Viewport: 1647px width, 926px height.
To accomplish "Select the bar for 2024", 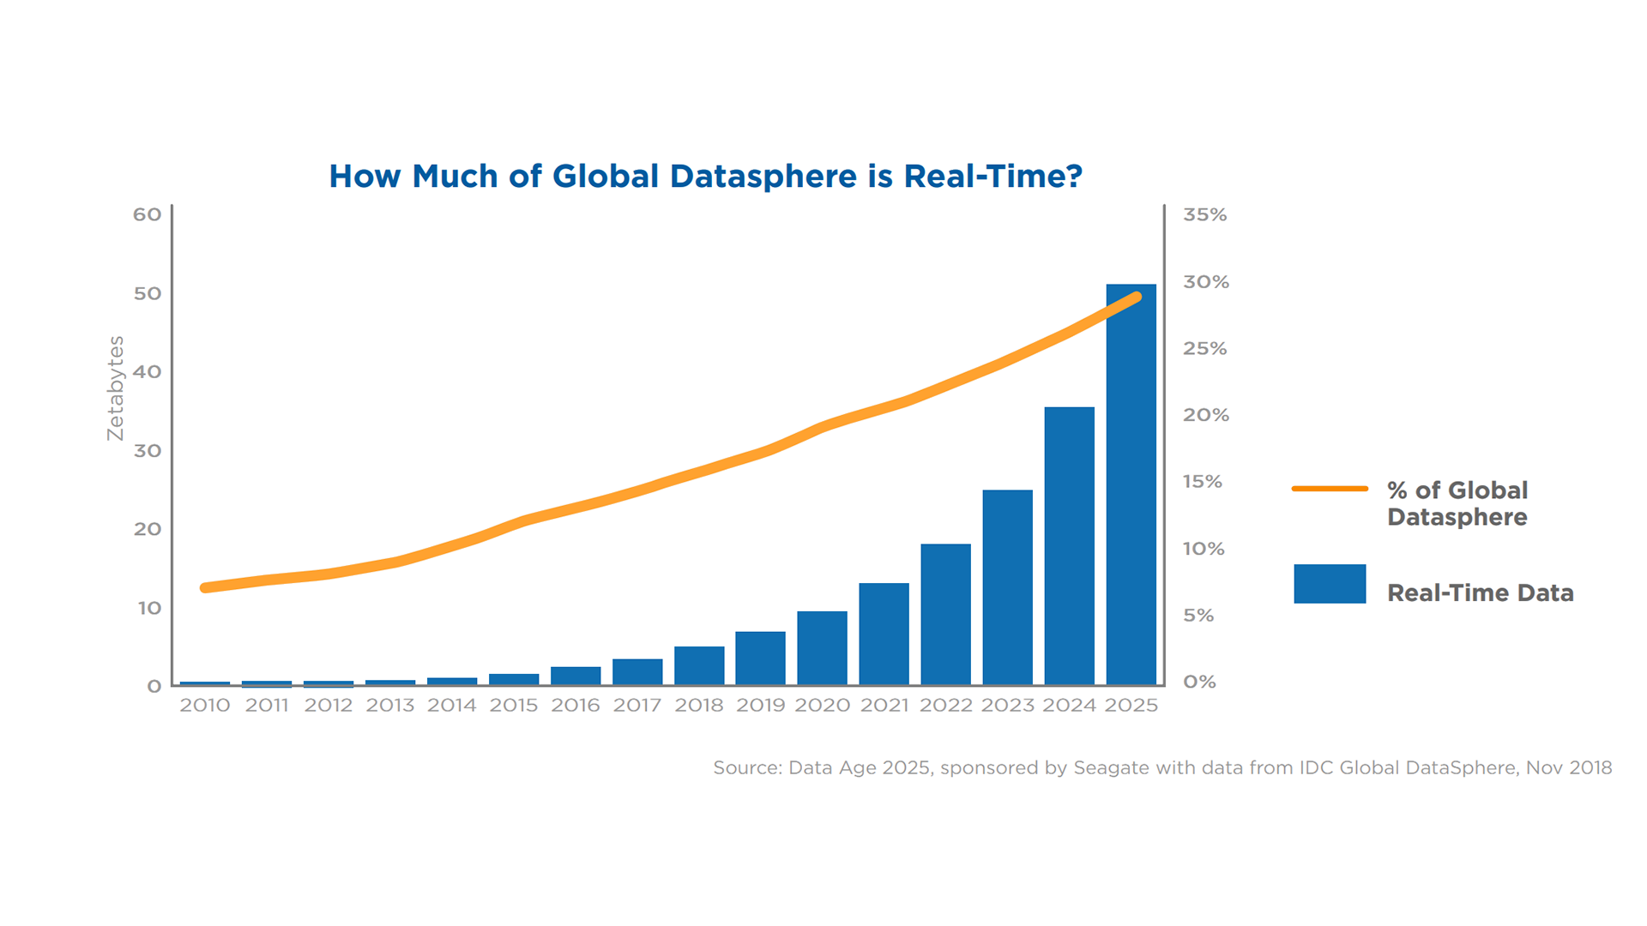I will [1069, 546].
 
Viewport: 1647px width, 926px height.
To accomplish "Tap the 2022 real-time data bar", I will [945, 614].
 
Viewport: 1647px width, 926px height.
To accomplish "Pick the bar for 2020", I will [822, 648].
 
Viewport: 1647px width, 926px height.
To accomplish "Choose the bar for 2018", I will [699, 665].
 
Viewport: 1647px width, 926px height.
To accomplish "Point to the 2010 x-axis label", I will [205, 706].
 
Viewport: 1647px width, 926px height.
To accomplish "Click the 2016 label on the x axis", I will [575, 706].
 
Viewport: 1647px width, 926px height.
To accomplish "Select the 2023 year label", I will [1007, 706].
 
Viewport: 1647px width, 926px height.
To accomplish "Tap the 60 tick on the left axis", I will [147, 214].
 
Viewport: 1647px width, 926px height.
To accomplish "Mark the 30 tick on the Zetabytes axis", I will [147, 451].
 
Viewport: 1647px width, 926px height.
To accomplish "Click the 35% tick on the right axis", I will [1204, 215].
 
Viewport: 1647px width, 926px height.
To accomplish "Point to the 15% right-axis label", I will [1202, 482].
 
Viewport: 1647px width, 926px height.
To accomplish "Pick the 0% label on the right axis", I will [1199, 682].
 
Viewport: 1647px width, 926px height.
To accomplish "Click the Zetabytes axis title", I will [116, 388].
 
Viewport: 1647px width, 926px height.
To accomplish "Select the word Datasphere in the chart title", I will [763, 177].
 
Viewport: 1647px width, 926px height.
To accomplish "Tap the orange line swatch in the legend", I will [1330, 489].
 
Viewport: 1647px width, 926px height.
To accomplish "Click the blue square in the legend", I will [1330, 584].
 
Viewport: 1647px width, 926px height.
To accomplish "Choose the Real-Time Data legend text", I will [1480, 593].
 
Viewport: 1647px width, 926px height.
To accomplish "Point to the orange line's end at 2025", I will [1137, 298].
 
